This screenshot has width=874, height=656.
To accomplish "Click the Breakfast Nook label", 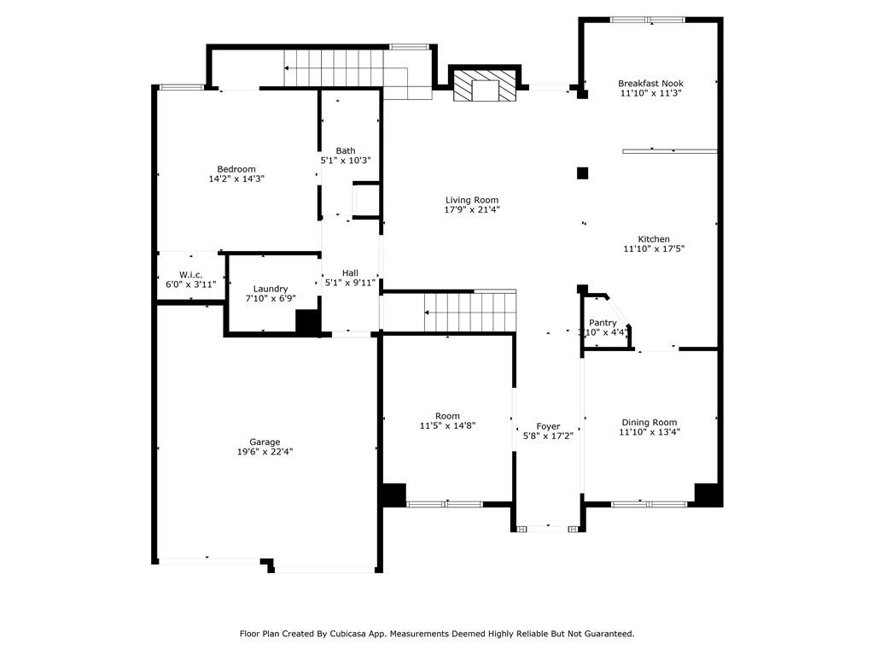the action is [x=650, y=84].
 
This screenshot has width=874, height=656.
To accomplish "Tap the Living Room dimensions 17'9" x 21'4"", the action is [x=471, y=210].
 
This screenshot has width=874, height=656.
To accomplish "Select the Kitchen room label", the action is [x=654, y=239].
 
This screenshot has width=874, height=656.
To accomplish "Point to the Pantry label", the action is [x=603, y=323].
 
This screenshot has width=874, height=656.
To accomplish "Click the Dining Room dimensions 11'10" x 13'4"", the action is [x=650, y=431].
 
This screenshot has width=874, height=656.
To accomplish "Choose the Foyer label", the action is [x=548, y=427].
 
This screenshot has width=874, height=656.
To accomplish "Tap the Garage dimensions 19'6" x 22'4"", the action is [x=265, y=452].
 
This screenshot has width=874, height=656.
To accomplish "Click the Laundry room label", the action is [x=271, y=289].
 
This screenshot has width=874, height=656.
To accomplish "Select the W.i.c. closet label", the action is [x=190, y=275].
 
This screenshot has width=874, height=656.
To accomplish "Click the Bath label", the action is [x=346, y=150].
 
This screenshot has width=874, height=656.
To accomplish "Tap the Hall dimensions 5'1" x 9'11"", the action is [x=350, y=283].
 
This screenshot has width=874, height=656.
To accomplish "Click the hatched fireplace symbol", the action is [x=485, y=85].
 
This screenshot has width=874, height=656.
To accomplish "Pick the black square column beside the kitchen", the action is [x=582, y=173].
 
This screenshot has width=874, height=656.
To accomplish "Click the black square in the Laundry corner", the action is [x=307, y=322].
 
